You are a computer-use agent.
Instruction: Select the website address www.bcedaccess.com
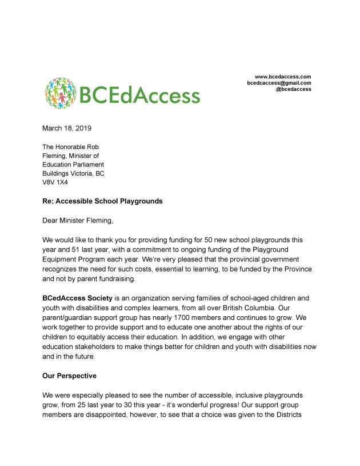[x=282, y=77]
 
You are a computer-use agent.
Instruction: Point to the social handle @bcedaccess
[x=293, y=89]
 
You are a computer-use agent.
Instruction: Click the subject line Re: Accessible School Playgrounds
[x=104, y=201]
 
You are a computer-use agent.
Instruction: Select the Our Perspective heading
[x=70, y=376]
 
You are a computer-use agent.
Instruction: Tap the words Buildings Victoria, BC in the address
[x=73, y=173]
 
